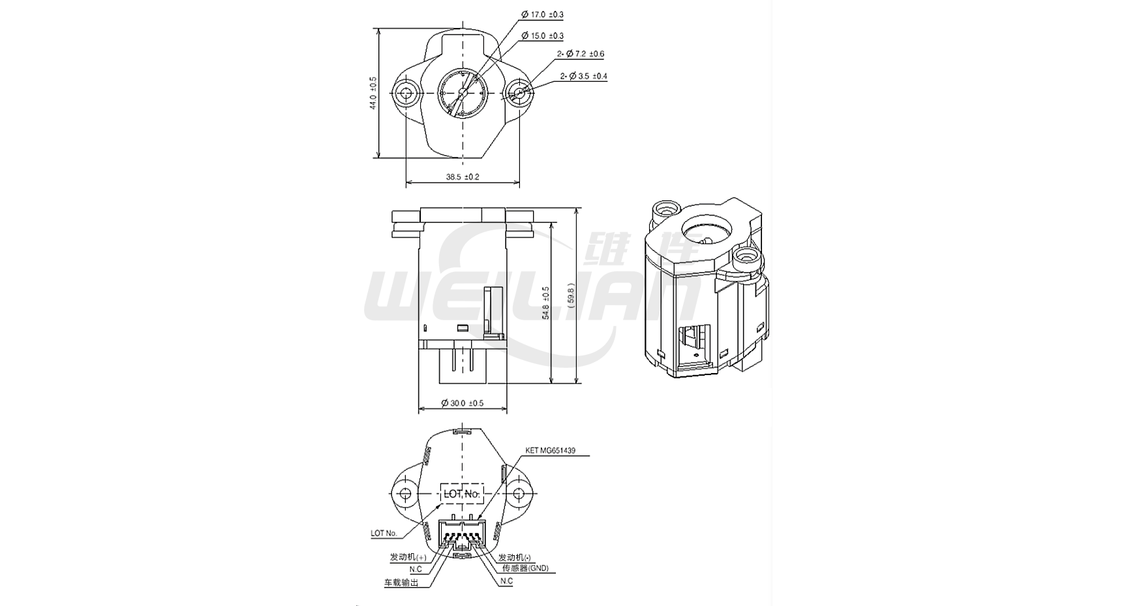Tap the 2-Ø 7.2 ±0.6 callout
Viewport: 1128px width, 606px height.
(580, 54)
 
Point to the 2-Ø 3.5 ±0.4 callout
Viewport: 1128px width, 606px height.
(583, 76)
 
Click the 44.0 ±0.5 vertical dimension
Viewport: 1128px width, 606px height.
(373, 93)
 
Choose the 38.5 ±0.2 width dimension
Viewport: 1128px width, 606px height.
(463, 177)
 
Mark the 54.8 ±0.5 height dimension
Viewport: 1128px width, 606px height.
(545, 303)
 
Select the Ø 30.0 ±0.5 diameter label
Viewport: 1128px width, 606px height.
(462, 403)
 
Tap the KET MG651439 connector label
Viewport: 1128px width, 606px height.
(550, 451)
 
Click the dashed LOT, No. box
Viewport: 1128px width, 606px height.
(462, 494)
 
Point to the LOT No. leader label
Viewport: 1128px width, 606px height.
(384, 533)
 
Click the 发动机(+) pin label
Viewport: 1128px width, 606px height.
(408, 557)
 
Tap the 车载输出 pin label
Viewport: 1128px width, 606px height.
(401, 583)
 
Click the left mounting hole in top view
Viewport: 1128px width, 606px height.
(406, 93)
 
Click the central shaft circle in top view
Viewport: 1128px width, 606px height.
(462, 93)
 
